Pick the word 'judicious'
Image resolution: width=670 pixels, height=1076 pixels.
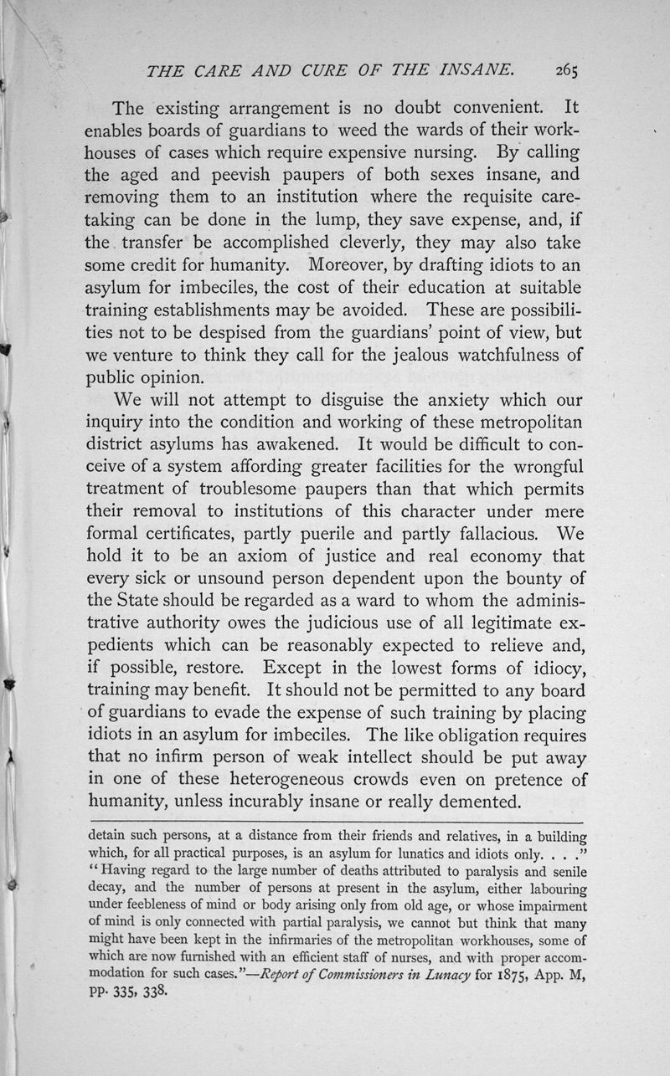coord(331,624)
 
